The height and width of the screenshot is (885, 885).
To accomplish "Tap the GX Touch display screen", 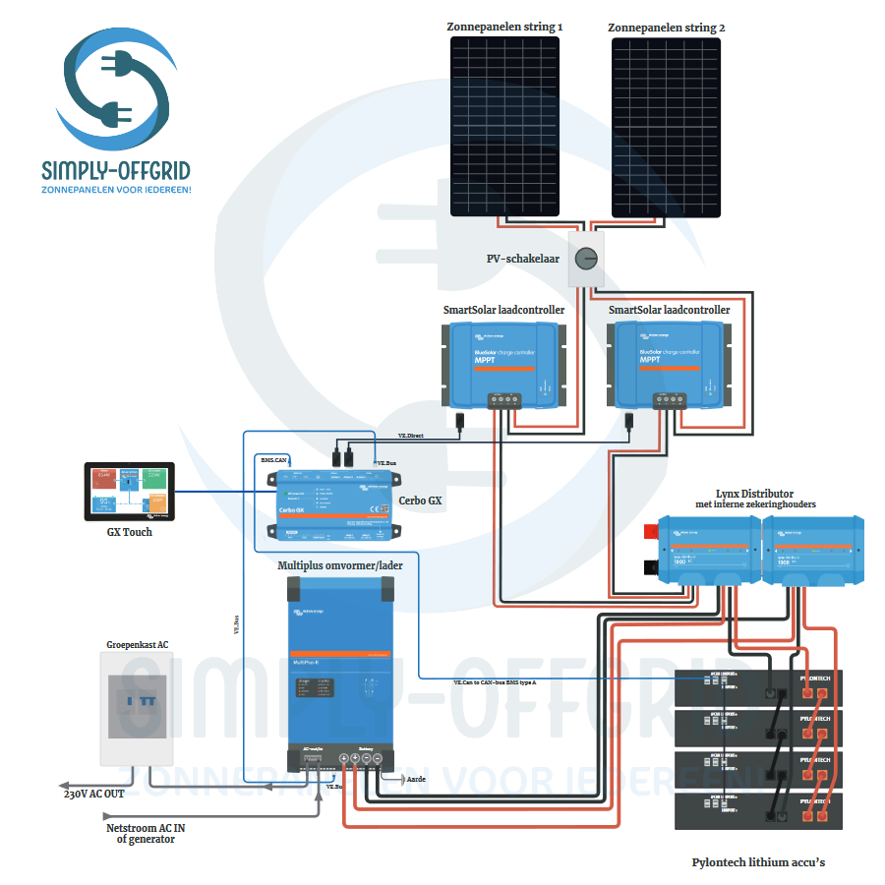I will tap(129, 491).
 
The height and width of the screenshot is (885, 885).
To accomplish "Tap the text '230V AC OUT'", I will tap(94, 794).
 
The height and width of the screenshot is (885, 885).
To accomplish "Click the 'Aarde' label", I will tap(417, 778).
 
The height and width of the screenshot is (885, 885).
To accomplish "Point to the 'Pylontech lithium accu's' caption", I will tap(757, 862).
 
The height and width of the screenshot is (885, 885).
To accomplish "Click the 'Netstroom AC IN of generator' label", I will tap(146, 833).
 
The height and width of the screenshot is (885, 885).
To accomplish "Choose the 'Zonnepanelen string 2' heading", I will tap(666, 28).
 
